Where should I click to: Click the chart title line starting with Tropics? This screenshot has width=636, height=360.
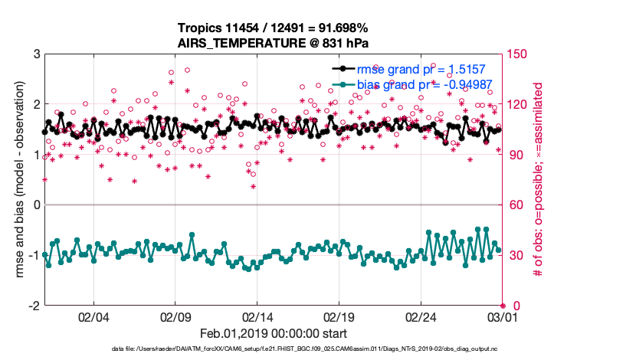click(x=273, y=28)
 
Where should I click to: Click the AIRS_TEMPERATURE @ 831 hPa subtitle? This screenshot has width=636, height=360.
click(x=273, y=43)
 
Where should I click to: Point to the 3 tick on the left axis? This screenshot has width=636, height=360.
click(x=36, y=54)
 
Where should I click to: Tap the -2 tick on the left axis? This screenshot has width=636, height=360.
click(x=34, y=306)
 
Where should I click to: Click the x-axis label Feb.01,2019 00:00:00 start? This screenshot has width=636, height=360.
click(x=273, y=333)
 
